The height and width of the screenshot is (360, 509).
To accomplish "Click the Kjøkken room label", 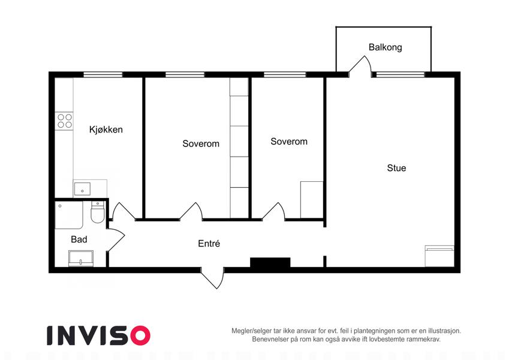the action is [106, 130].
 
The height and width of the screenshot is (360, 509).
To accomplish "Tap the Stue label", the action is [396, 168].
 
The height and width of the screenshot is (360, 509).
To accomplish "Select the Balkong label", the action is [385, 47].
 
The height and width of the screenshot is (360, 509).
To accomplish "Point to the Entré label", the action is [209, 244].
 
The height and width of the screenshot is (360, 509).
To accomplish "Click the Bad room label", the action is [79, 239].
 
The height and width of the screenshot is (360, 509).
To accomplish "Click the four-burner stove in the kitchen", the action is [64, 121].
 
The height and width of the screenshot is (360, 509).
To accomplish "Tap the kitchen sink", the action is [82, 189].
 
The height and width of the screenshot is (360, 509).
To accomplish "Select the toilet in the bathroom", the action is [97, 212].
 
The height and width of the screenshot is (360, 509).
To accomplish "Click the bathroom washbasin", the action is [81, 259].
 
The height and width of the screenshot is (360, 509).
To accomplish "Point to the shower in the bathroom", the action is [69, 215].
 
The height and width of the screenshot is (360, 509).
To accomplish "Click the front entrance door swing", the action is [213, 278].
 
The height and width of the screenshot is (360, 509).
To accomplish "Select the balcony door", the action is [360, 67].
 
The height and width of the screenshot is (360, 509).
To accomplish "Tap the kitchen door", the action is [124, 212].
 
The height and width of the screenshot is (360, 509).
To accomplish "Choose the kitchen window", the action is [103, 74].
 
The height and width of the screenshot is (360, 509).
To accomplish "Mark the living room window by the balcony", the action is [400, 74].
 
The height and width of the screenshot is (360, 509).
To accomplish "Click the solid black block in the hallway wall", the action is [270, 263].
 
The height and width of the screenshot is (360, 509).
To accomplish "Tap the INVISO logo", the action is [99, 335].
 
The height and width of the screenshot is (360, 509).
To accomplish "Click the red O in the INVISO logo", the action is [140, 335].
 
